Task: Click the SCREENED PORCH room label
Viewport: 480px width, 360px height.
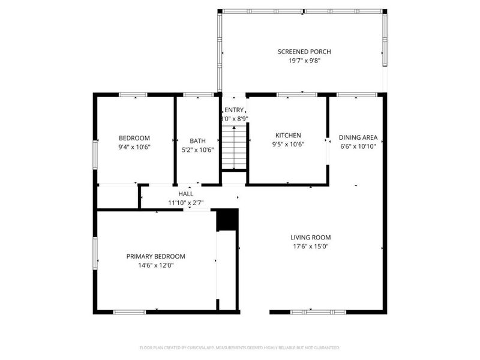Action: pos(304,52)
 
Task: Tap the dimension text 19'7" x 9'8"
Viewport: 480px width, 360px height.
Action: pos(304,61)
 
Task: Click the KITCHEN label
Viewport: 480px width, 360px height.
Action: pos(288,136)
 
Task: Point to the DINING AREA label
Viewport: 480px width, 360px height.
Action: pos(358,137)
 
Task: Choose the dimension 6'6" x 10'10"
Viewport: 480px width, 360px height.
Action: pos(358,146)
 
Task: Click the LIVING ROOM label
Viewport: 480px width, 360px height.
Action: pos(311,237)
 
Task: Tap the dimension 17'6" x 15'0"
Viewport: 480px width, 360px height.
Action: pos(311,246)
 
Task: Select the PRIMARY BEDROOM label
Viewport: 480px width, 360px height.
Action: pos(155,256)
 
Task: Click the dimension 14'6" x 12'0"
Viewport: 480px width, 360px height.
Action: pos(155,265)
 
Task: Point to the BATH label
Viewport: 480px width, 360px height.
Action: pos(197,141)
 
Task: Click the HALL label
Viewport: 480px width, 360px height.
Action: pos(186,194)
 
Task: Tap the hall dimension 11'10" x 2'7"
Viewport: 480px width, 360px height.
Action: pos(186,203)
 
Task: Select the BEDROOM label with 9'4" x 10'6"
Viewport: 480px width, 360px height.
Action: pos(134,138)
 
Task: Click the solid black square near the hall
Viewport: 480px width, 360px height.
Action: pos(227,220)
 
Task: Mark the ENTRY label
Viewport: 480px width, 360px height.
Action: pos(234,110)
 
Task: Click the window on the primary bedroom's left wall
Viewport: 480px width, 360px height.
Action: pos(94,253)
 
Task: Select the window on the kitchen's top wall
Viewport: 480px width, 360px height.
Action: pos(297,94)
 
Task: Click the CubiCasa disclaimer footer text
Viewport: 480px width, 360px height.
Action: pos(240,347)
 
